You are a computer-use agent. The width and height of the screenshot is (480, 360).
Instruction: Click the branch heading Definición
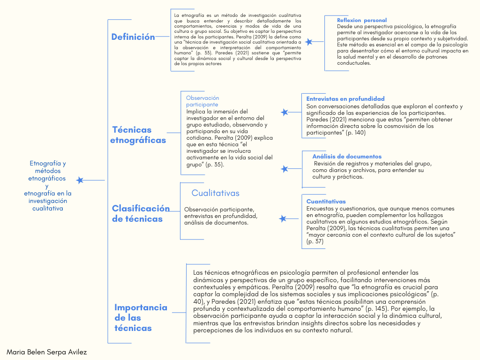(133, 37)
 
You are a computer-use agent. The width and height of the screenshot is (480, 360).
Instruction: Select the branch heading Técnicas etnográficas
(138, 135)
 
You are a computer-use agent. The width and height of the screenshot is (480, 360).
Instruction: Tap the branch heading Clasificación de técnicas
(140, 214)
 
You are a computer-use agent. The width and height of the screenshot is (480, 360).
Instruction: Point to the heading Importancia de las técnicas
(141, 317)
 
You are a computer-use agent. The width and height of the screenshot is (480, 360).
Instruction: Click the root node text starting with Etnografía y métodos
(48, 186)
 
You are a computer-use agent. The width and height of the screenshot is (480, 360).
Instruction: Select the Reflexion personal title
(362, 20)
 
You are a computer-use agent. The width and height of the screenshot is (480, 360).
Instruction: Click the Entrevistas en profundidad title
(345, 99)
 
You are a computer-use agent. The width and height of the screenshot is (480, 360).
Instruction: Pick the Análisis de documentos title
(347, 157)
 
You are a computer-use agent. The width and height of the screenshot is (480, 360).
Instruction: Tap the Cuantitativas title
(326, 202)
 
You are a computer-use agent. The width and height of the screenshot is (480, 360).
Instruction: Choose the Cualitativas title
(215, 193)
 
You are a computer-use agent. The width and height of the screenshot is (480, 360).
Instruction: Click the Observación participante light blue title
(202, 101)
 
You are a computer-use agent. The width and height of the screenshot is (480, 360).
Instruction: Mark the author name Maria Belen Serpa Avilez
(47, 352)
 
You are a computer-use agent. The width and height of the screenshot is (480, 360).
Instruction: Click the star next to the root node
(80, 180)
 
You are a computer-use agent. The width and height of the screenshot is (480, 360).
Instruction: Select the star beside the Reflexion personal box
(308, 42)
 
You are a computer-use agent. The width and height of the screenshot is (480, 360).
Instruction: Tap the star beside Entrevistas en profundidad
(285, 112)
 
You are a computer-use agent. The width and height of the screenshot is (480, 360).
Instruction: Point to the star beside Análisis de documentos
(284, 169)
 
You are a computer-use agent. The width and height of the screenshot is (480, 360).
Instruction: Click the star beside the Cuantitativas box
(283, 218)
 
